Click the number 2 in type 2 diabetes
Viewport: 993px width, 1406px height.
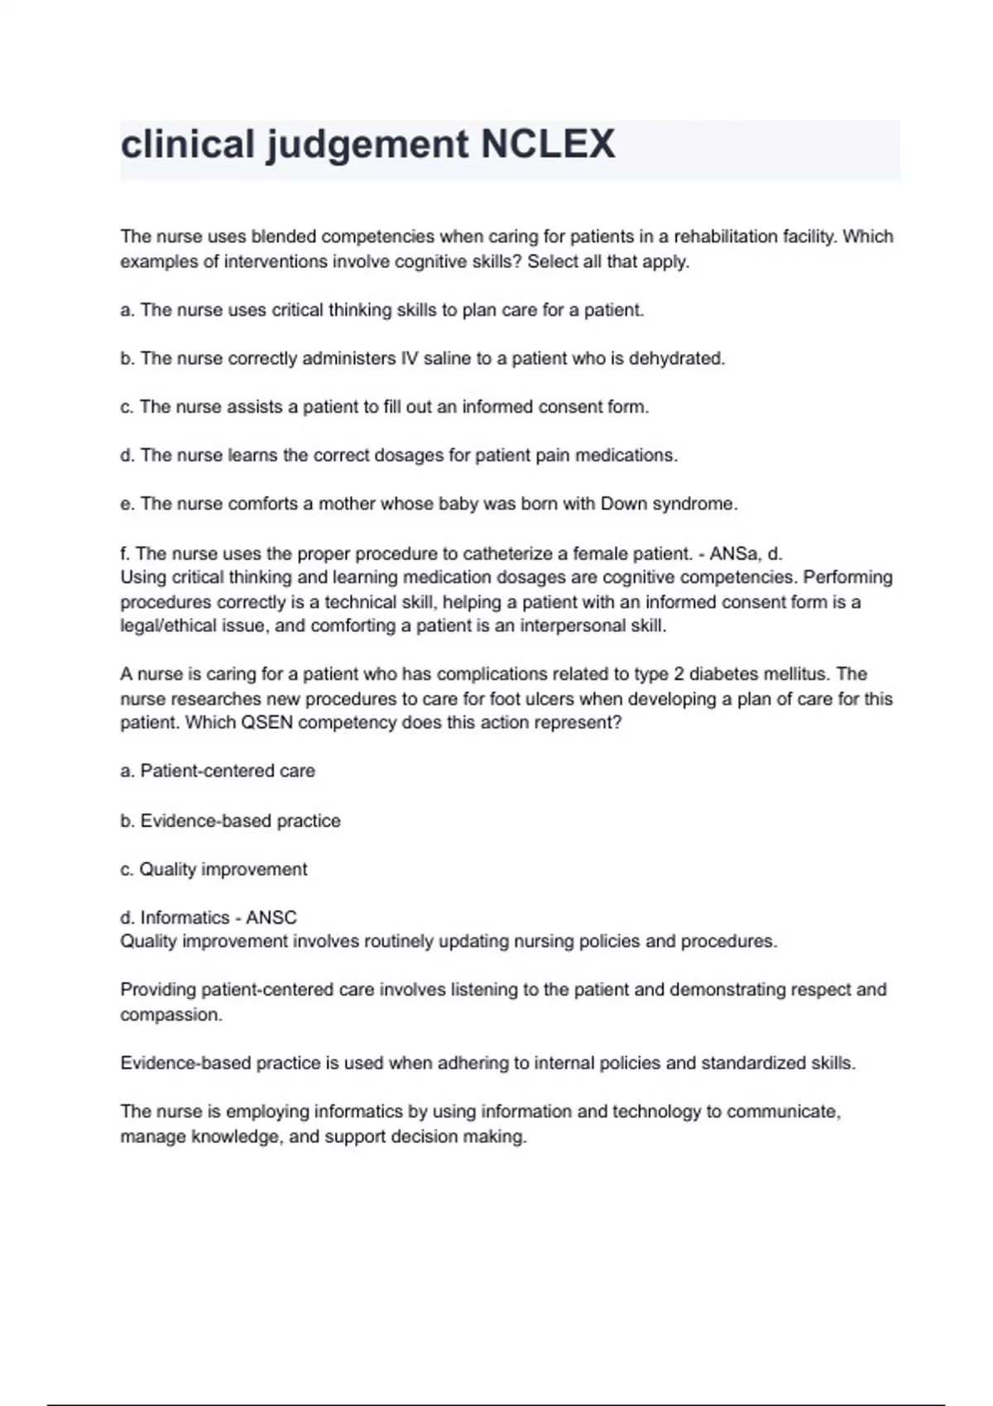coord(679,674)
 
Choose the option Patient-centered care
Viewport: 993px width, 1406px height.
coord(228,771)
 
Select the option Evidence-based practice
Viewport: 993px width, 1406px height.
coord(240,820)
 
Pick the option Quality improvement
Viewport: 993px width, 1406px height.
coord(223,869)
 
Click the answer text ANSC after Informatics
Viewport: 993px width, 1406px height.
coord(271,917)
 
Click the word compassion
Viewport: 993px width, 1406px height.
coord(170,1015)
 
